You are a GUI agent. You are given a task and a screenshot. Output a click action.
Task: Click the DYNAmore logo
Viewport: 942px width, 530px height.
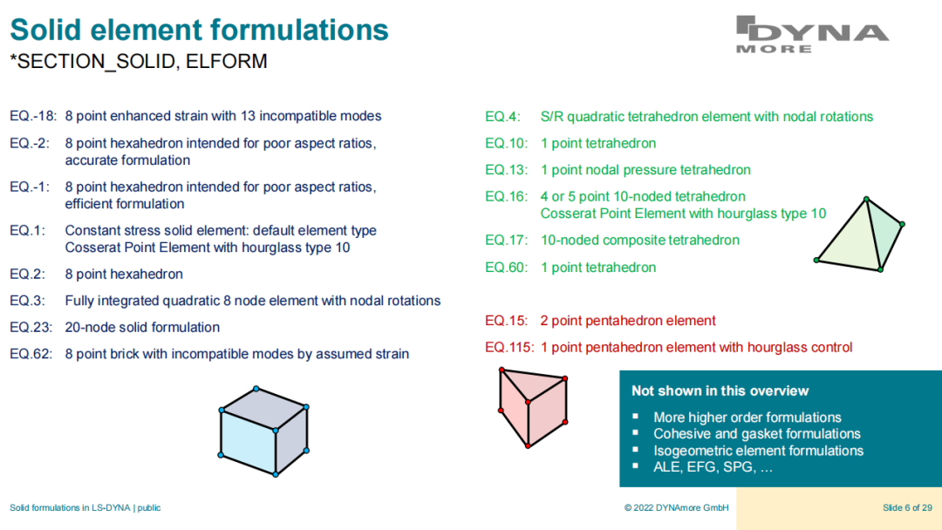[x=812, y=34]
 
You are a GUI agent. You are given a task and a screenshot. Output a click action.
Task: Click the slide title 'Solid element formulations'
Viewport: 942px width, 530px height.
[x=200, y=30]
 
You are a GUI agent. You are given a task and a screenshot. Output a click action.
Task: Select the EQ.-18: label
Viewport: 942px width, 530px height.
[x=33, y=116]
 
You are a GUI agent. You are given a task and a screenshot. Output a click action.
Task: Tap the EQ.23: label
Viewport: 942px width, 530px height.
[x=31, y=327]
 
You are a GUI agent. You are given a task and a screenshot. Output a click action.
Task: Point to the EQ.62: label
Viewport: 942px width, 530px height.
[x=31, y=354]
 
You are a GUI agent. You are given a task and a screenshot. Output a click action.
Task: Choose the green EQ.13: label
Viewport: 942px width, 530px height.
[x=507, y=170]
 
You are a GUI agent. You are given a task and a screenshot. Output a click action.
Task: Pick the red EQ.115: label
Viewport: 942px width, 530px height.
[x=509, y=347]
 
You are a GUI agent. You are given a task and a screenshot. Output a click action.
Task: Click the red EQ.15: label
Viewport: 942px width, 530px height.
[x=507, y=321]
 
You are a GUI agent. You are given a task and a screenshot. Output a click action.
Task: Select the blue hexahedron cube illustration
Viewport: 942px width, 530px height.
[x=263, y=431]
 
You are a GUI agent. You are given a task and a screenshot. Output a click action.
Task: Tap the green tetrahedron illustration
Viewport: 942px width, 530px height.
[x=859, y=234]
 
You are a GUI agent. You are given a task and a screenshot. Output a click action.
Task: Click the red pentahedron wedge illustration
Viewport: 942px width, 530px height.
[x=533, y=408]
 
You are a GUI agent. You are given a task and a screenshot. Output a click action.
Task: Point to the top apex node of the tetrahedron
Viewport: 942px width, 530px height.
[x=866, y=199]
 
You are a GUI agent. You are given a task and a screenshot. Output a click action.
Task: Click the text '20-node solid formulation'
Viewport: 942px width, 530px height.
[x=142, y=327]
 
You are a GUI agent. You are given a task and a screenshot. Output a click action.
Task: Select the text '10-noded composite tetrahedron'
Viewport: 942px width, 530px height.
[x=640, y=240]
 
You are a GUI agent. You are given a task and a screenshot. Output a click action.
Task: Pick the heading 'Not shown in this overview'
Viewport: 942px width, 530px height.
[x=720, y=391]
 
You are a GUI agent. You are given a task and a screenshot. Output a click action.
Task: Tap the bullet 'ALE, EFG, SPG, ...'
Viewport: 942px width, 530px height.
[x=713, y=467]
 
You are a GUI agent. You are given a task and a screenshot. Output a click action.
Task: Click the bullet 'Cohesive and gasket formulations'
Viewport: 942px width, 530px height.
[x=757, y=433]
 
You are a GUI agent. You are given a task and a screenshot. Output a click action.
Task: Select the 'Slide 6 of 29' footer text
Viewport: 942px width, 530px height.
[x=907, y=508]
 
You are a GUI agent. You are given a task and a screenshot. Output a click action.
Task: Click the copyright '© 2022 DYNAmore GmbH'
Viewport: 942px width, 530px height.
[x=677, y=508]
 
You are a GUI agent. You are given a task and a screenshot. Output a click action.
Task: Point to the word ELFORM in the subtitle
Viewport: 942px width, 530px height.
[x=227, y=61]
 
